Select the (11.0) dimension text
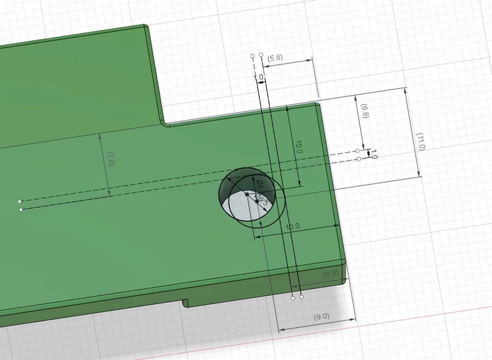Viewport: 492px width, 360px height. coord(421,141)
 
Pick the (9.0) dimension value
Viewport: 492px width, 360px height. coord(321,316)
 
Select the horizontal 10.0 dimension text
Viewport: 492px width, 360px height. coord(293,226)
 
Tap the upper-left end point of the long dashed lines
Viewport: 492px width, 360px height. coord(19,201)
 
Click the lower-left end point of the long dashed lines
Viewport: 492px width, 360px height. coord(21,210)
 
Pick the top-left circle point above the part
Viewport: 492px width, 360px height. coord(252,55)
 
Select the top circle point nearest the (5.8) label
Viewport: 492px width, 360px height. coord(261,55)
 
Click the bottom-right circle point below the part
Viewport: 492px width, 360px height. coord(301,298)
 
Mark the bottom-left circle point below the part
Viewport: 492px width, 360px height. coord(293,298)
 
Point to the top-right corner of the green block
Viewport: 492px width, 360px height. coord(317,104)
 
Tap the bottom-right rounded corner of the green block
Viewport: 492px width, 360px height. coord(346,281)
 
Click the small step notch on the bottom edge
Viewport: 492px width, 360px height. coord(184,302)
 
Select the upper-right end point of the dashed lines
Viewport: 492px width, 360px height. coord(358,151)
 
